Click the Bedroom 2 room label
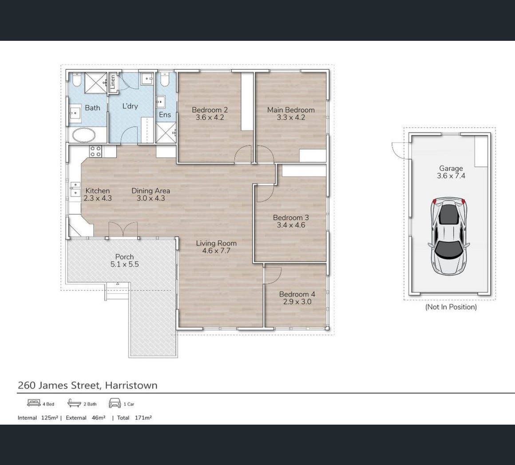point(210,110)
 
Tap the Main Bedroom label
point(291,110)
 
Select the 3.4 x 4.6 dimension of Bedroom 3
point(291,225)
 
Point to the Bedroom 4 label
point(297,294)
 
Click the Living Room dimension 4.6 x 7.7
point(216,251)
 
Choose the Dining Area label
point(151,191)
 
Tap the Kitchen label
point(98,191)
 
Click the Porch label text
point(124,256)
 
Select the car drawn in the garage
point(449,236)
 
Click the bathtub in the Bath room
point(84,135)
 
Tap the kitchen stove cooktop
point(95,151)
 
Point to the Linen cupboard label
point(113,82)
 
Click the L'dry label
point(130,106)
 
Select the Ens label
point(165,114)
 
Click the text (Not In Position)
point(451,307)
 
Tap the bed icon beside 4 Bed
point(34,403)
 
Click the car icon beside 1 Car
point(115,403)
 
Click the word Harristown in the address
point(131,385)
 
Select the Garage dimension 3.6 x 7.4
point(451,176)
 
